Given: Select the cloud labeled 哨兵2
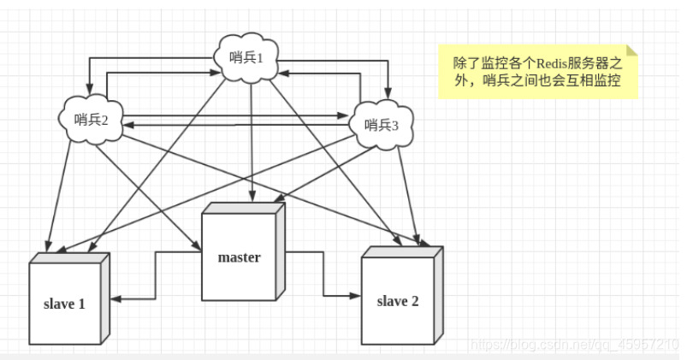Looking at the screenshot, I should [92, 120].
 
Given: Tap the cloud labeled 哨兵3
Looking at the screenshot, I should [382, 124].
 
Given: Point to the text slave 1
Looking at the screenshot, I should [65, 304].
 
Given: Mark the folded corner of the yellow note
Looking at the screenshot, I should [631, 50].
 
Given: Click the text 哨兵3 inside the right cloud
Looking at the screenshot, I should [382, 125].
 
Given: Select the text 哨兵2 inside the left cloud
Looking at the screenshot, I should [92, 120].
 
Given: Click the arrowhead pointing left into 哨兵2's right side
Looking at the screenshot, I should [126, 125].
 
